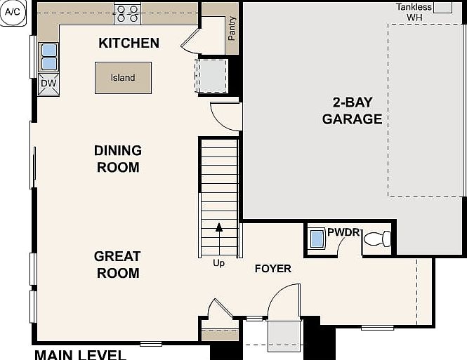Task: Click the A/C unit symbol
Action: point(13,13)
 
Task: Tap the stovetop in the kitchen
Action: point(128,14)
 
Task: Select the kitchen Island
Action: point(123,78)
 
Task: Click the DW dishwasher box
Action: point(48,84)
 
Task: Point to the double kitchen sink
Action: point(49,57)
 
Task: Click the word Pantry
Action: point(232,28)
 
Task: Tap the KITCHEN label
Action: point(129,43)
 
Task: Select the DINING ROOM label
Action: point(118,159)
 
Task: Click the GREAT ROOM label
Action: point(117,265)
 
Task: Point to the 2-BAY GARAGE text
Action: point(353,111)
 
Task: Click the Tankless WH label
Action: point(414,12)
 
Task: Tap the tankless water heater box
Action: point(443,8)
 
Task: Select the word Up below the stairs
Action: point(218,264)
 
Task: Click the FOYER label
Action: point(272,269)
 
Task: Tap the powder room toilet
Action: point(377,239)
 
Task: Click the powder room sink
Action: point(317,239)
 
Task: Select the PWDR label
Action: point(343,232)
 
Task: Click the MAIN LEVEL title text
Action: point(81,355)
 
